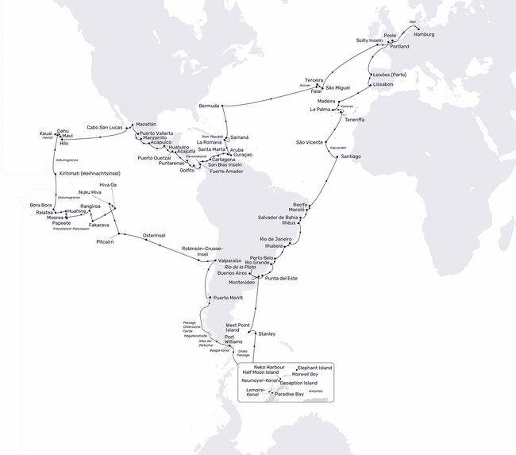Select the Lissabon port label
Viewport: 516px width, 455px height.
point(383,84)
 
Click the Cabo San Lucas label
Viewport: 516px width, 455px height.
point(104,127)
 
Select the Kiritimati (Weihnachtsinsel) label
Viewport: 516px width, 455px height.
point(90,173)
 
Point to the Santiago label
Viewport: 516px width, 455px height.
point(350,156)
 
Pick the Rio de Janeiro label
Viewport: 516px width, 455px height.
point(278,239)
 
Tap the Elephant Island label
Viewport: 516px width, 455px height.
point(314,368)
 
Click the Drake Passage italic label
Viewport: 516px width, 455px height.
point(243,353)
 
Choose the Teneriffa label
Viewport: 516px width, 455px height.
point(355,119)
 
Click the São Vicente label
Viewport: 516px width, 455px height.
point(310,142)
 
